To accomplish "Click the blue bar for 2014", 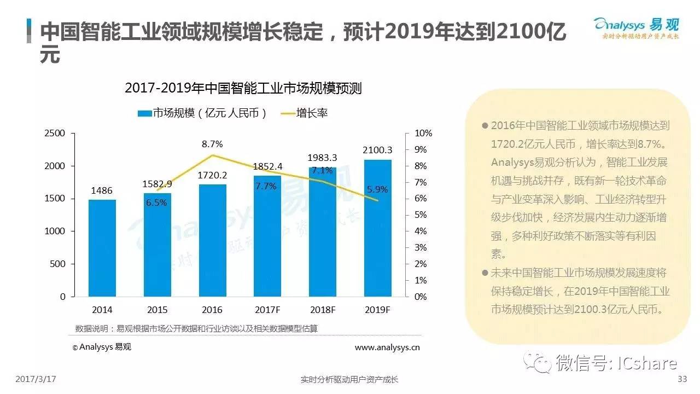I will (x=102, y=248).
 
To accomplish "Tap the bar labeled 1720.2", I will (x=213, y=240).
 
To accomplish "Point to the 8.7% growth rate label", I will (x=212, y=144).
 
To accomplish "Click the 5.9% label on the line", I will (x=377, y=189).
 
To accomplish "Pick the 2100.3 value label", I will (x=377, y=149).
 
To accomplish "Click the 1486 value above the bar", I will (x=102, y=190).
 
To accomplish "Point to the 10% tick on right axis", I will (x=424, y=133).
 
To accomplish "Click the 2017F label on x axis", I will (x=267, y=310).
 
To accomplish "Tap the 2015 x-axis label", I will (x=157, y=310).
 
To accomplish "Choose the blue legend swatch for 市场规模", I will (x=144, y=113).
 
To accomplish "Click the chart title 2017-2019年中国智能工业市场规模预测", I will (x=243, y=88).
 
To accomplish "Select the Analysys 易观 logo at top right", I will (x=636, y=28).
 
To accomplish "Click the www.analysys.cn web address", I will (x=387, y=347).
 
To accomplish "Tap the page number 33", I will (x=681, y=379).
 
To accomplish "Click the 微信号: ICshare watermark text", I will (x=616, y=363).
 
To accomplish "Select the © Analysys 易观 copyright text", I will (x=102, y=347).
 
